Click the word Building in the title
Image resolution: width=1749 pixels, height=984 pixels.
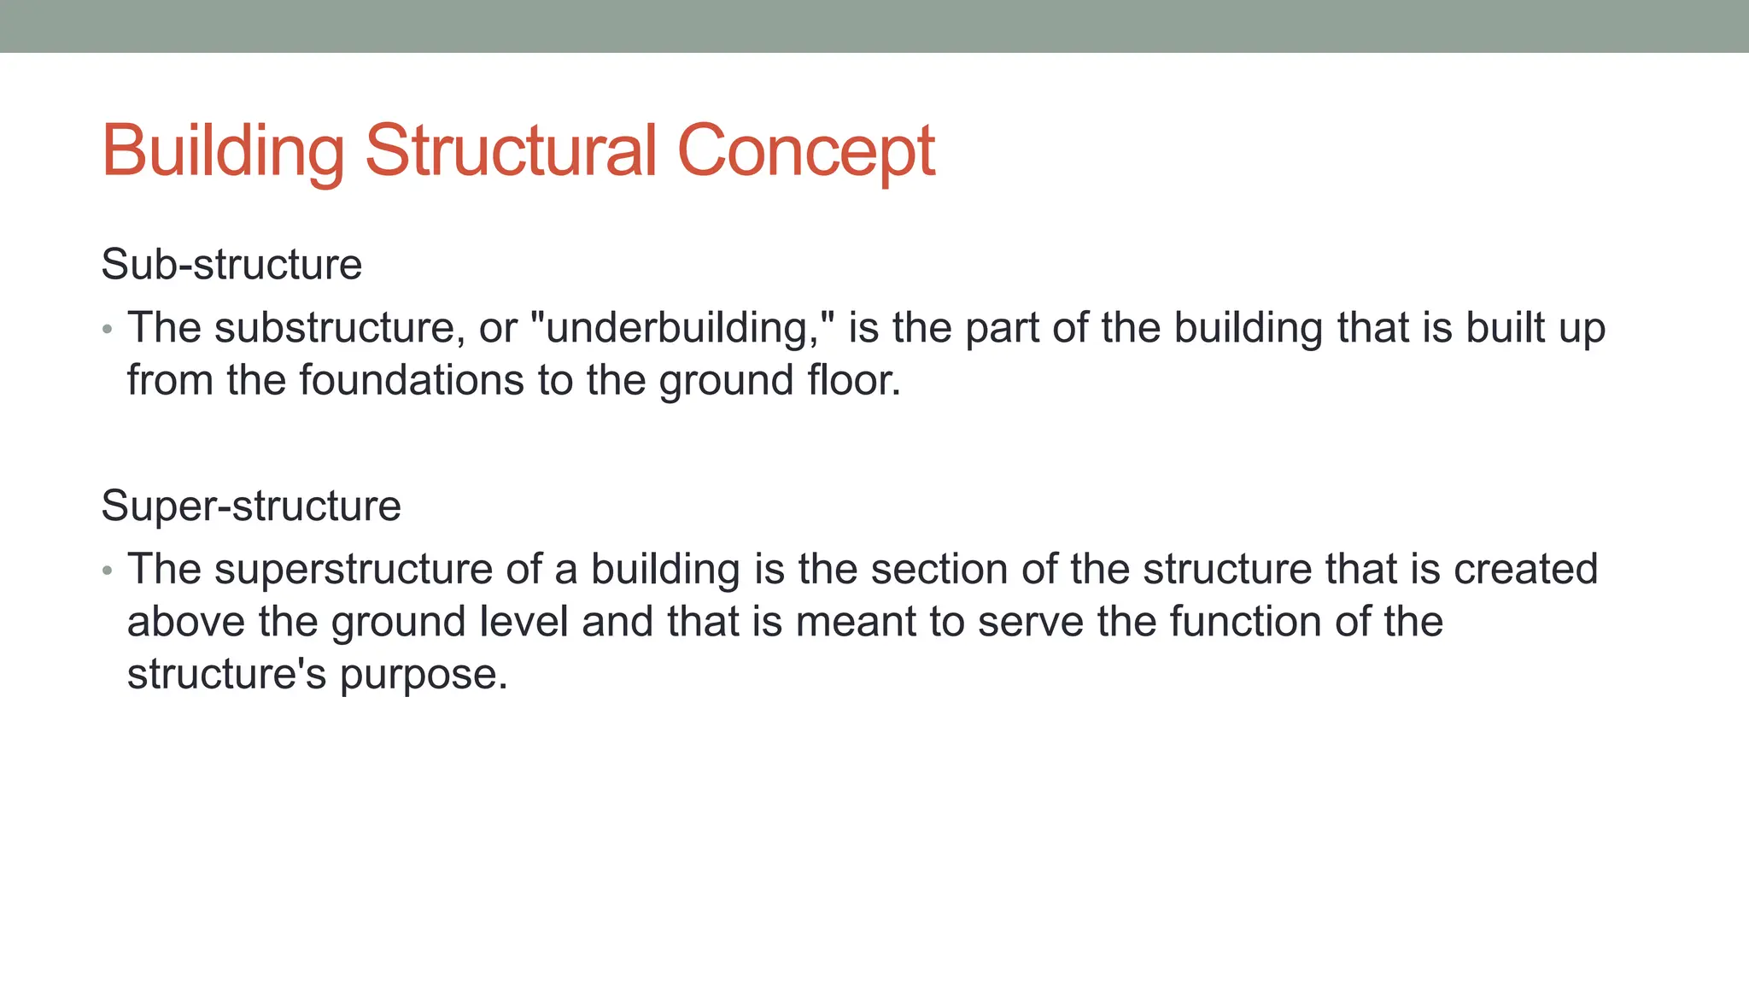[223, 150]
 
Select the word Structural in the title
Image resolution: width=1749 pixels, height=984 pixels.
[511, 150]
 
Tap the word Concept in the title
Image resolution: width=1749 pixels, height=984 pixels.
[806, 150]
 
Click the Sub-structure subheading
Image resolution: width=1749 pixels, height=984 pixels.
[231, 264]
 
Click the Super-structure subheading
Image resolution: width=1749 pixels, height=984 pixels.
[251, 506]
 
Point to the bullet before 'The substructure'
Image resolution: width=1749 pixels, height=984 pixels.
[107, 330]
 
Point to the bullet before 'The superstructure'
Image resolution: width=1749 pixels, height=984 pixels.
[107, 571]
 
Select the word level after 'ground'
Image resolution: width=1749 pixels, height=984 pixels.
[524, 621]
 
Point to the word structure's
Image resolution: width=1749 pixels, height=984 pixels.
[226, 674]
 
